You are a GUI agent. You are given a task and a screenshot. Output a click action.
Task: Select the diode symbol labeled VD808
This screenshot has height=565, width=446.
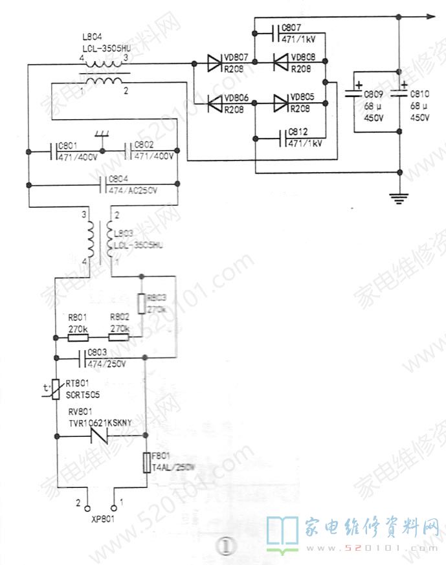click(280, 63)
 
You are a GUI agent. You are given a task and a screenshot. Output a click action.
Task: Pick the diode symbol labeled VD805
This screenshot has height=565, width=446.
click(280, 102)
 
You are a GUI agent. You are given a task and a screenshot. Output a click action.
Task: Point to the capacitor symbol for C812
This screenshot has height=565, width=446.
click(283, 137)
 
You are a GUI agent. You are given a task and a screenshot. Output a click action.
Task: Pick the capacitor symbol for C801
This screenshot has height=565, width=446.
click(54, 152)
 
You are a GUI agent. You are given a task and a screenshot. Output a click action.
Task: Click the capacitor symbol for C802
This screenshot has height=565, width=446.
click(129, 152)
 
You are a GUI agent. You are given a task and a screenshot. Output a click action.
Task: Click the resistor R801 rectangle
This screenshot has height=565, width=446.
click(78, 337)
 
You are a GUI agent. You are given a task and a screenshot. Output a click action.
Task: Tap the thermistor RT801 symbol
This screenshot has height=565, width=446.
click(56, 390)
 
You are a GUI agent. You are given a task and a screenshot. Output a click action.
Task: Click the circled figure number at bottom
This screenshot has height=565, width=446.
click(224, 547)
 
